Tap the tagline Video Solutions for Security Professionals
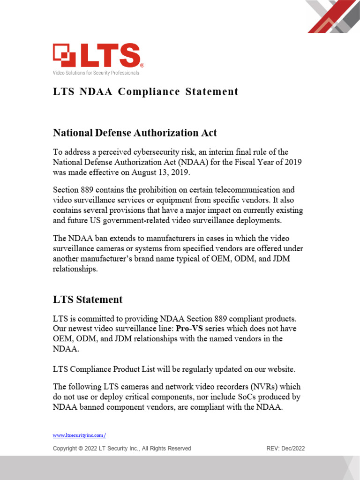point(96,73)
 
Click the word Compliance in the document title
point(149,91)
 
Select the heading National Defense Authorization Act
point(135,133)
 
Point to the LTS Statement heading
point(88,300)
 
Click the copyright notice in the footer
point(122,449)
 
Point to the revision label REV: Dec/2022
point(285,449)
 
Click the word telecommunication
point(244,190)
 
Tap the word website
point(279,369)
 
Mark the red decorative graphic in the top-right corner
point(332,16)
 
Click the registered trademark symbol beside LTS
point(142,66)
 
